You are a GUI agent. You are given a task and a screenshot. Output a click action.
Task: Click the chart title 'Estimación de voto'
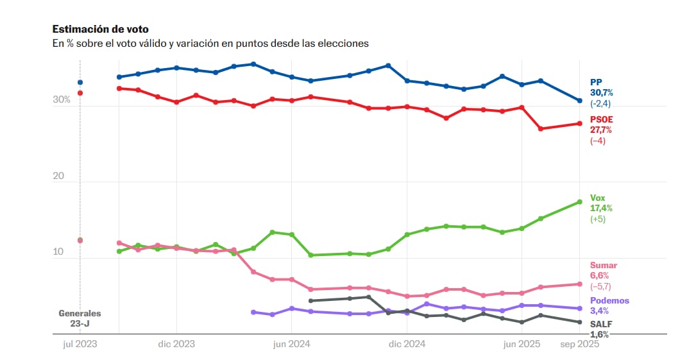100,30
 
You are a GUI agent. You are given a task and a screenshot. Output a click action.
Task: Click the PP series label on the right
596,82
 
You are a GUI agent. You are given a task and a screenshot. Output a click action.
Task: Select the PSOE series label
602,119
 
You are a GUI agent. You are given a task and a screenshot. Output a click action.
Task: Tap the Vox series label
597,198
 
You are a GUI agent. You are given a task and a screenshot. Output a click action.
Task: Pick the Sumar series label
603,265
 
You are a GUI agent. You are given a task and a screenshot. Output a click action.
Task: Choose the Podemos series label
609,300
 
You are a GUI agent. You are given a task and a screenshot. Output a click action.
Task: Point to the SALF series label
601,324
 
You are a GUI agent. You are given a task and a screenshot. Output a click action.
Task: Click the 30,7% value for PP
601,92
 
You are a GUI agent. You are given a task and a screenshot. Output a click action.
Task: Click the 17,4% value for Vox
601,208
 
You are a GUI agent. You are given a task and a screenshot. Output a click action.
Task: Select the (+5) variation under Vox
598,219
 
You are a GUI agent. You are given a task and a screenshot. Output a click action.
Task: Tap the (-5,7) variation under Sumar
601,286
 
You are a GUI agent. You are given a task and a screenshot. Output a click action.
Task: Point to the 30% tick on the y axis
62,100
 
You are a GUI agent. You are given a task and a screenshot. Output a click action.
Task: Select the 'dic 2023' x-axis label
176,344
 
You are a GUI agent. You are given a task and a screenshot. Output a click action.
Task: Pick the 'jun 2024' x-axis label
291,344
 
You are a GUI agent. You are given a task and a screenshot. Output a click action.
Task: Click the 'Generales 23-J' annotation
80,318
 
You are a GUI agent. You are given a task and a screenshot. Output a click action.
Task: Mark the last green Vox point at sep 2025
579,201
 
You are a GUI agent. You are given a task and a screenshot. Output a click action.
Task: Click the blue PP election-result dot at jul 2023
80,82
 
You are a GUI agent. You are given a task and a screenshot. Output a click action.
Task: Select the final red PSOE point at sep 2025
579,123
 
